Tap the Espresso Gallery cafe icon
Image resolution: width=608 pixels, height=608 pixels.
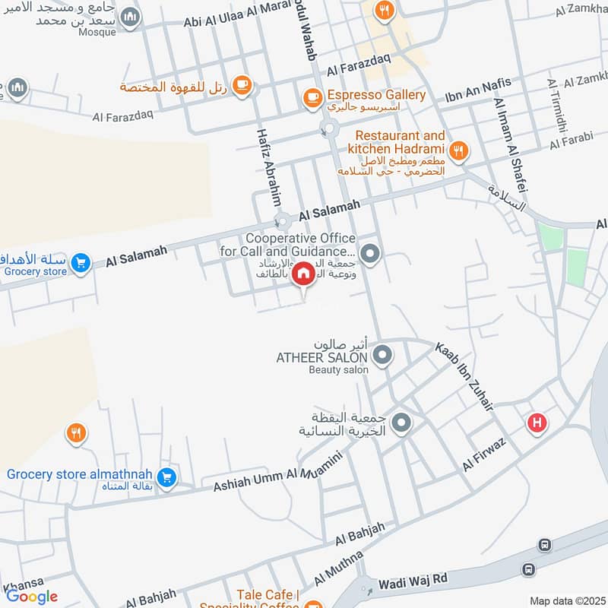(312, 97)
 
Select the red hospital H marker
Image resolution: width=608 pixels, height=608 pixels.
(537, 423)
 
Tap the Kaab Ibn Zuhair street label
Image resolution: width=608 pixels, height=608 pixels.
(464, 377)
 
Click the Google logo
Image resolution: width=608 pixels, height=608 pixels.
(31, 596)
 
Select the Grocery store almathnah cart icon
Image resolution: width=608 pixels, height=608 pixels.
(169, 478)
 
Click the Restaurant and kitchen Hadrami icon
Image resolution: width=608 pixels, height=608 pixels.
(458, 151)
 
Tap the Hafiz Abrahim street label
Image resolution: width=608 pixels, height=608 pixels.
(269, 176)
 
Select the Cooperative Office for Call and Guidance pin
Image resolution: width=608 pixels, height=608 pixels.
(370, 254)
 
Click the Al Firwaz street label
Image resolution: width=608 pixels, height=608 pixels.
(484, 453)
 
